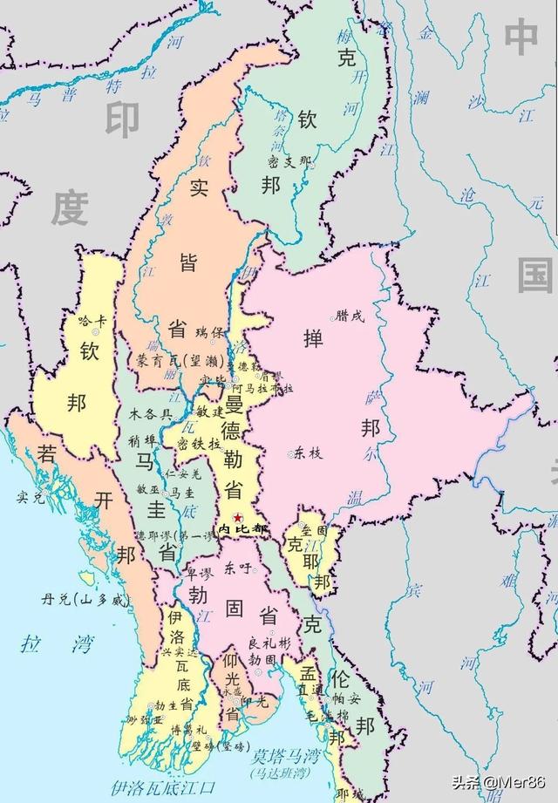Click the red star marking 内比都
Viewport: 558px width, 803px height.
pyautogui.click(x=237, y=518)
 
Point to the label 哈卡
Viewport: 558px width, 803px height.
pyautogui.click(x=91, y=321)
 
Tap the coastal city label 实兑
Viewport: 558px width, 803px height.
pyautogui.click(x=30, y=498)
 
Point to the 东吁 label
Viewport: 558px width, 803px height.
pyautogui.click(x=238, y=567)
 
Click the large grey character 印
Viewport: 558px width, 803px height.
pyautogui.click(x=123, y=120)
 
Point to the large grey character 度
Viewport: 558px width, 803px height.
pyautogui.click(x=70, y=209)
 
